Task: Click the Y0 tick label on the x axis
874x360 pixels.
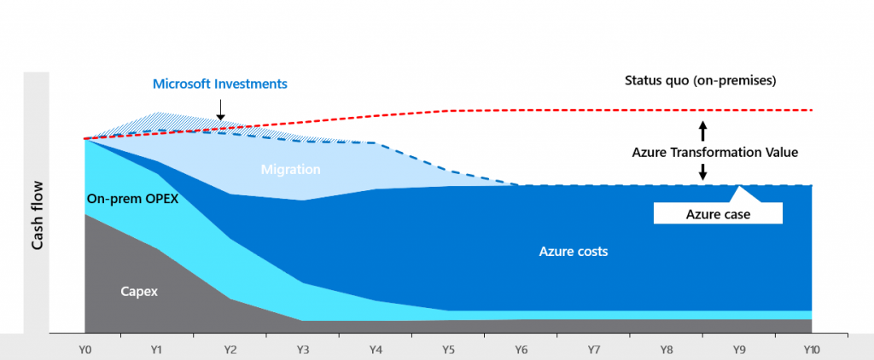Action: [84, 350]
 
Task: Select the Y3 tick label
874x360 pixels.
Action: [303, 350]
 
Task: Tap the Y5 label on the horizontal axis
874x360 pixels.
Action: [448, 350]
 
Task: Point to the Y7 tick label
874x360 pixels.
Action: [593, 350]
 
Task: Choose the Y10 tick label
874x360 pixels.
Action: [811, 350]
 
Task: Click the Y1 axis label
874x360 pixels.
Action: [157, 350]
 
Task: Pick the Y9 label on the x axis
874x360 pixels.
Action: [739, 350]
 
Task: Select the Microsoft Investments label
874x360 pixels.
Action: [220, 84]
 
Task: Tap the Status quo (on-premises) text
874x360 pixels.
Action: [699, 81]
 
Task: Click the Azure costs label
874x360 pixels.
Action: [573, 252]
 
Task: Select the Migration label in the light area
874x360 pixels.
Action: [290, 170]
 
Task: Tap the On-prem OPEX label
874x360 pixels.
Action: [132, 199]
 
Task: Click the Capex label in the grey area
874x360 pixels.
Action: [139, 291]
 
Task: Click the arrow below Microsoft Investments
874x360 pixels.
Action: [219, 109]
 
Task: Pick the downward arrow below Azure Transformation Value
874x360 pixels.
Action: [702, 171]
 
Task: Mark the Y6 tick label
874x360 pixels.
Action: [521, 350]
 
